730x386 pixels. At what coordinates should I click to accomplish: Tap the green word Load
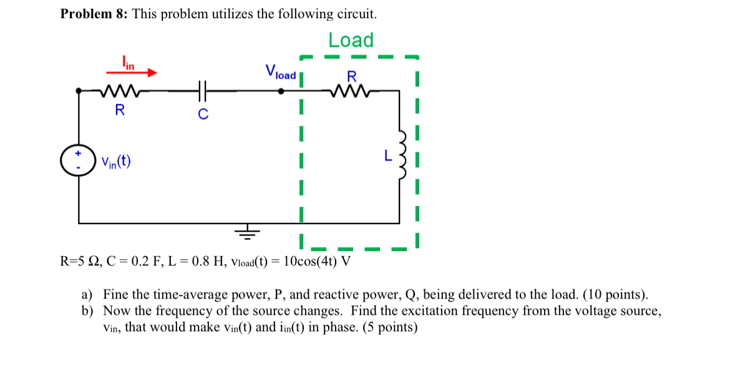point(351,40)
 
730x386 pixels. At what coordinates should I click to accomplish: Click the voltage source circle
point(79,161)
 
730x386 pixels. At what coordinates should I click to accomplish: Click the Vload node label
point(280,72)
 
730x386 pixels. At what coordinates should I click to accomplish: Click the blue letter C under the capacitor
point(203,114)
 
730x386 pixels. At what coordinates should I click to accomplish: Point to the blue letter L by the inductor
point(388,156)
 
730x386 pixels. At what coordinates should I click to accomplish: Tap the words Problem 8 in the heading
point(85,14)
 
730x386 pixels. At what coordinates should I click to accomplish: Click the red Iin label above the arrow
point(127,62)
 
